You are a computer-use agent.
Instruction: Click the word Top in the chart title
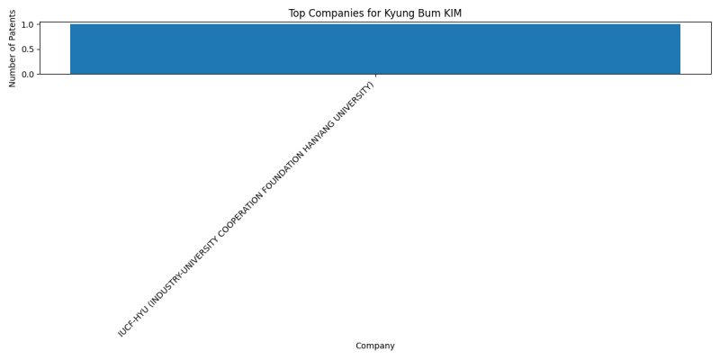coord(296,13)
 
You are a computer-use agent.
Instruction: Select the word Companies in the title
coord(330,13)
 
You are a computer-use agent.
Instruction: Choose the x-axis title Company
coord(375,346)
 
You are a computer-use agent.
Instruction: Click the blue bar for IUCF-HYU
coord(375,49)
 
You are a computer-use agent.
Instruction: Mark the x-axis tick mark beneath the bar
coord(375,76)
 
